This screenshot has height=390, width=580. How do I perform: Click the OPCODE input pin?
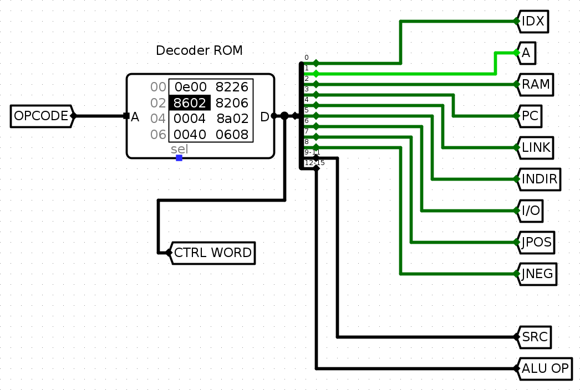(42, 116)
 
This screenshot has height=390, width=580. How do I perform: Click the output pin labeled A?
(526, 53)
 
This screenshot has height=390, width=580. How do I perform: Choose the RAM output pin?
(536, 85)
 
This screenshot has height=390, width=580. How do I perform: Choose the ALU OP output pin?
(545, 368)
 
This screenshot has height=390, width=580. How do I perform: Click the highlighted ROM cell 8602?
(190, 102)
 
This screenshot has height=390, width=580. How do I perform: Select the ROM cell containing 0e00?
(190, 87)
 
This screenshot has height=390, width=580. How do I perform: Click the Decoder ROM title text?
(199, 50)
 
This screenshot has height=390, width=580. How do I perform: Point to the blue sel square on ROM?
(179, 158)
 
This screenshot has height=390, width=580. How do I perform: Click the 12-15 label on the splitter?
(314, 163)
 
